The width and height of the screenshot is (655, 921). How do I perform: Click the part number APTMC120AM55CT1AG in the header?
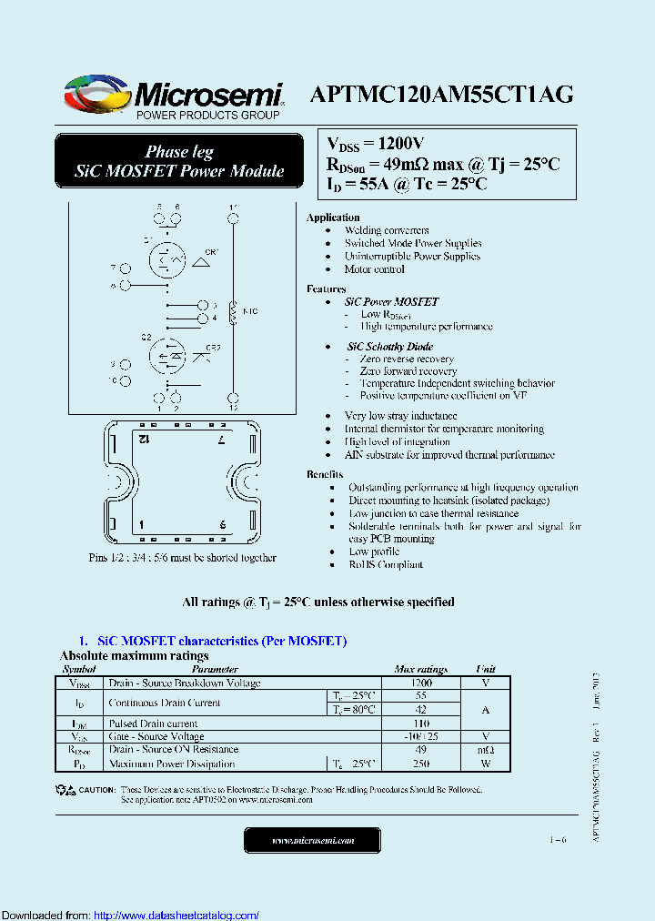click(442, 95)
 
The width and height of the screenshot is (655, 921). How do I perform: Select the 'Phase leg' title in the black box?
click(179, 152)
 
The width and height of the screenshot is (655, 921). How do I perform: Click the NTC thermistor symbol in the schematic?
click(233, 311)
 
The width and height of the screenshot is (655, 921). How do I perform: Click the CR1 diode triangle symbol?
click(202, 261)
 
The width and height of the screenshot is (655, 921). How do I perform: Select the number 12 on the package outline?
click(143, 440)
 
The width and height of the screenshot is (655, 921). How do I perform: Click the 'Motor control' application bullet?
click(374, 269)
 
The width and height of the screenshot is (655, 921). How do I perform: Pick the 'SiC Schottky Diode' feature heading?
click(389, 347)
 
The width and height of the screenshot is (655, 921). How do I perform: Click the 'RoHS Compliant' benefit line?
click(386, 564)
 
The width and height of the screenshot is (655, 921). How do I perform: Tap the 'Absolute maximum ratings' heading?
click(134, 655)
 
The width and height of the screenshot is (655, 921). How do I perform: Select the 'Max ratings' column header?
click(420, 669)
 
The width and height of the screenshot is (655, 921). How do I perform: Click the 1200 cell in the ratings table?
click(421, 683)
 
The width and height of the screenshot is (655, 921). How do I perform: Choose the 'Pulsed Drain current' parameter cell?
click(154, 724)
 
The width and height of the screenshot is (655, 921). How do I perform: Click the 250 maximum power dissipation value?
click(421, 764)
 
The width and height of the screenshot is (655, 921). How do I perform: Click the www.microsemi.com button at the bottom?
click(313, 841)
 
